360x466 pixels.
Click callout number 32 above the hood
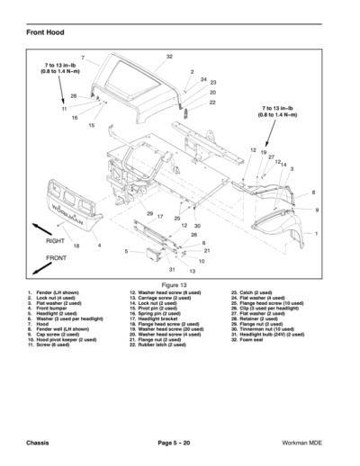pos(169,57)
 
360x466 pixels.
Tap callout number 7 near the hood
pos(83,58)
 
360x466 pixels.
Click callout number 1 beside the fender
pos(316,233)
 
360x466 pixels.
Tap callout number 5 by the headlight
pos(127,251)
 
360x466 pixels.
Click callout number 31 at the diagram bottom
pos(171,269)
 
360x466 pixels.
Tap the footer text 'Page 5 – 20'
pos(180,444)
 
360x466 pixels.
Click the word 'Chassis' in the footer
pos(40,444)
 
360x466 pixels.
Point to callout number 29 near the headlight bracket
pos(149,212)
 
